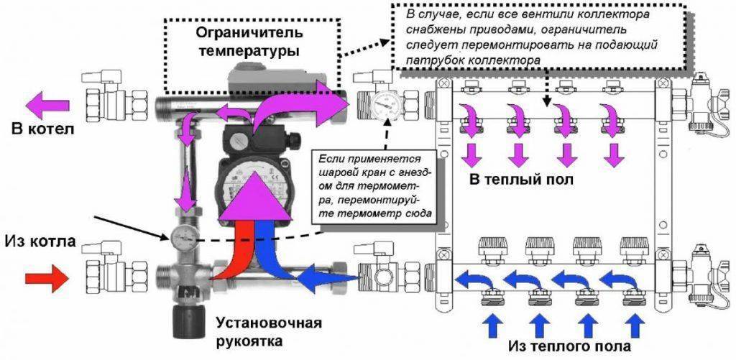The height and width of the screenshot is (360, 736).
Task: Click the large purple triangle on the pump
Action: point(251,200)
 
